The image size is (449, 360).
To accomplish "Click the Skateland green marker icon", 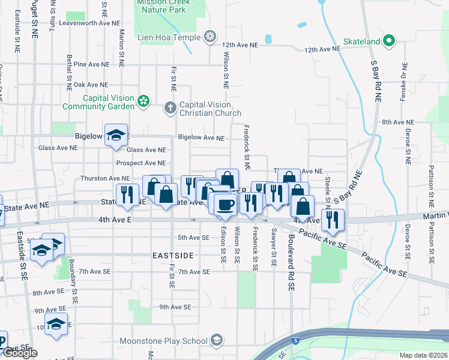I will (389, 41).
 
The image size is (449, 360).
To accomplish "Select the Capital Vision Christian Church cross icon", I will (170, 108).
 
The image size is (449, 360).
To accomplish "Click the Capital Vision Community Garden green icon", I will (143, 101).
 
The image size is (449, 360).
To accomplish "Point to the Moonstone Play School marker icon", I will (216, 341).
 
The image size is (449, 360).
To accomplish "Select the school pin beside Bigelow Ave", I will (116, 136).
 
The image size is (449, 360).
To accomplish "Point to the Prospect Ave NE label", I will (140, 163).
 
